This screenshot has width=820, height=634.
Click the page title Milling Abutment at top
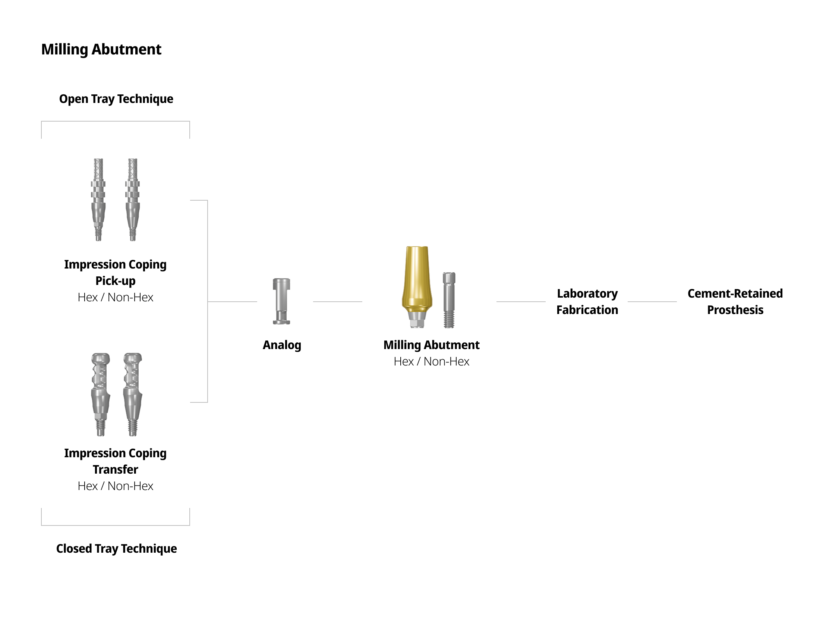[101, 49]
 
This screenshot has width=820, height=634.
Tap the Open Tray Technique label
[116, 99]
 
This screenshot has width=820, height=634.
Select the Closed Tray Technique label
[116, 548]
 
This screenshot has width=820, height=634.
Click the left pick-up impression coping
[98, 200]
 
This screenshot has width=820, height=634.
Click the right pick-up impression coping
[133, 200]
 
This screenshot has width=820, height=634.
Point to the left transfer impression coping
[100, 394]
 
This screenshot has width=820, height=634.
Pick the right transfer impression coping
[133, 394]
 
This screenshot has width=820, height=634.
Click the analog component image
[281, 301]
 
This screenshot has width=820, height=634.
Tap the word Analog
[281, 345]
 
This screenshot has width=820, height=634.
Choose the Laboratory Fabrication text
[587, 302]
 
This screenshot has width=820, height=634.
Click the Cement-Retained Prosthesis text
[735, 302]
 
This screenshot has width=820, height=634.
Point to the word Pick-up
[115, 281]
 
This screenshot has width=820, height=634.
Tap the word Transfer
[115, 470]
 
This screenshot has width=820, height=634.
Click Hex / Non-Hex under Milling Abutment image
[431, 361]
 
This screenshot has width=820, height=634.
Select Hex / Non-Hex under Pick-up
[115, 297]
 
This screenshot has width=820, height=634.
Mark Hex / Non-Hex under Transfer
[115, 486]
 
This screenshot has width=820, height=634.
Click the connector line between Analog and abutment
[338, 302]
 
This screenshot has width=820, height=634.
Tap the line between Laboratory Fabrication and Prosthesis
[652, 302]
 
